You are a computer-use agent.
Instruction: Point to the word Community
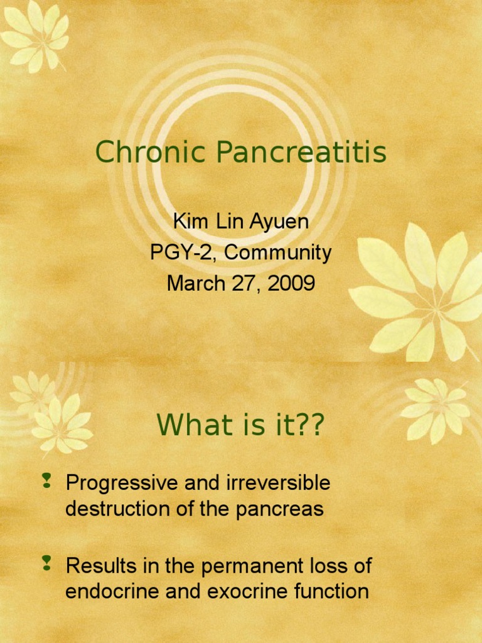278,252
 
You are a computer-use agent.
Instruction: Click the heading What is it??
241,426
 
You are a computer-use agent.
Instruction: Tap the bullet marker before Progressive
46,482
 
